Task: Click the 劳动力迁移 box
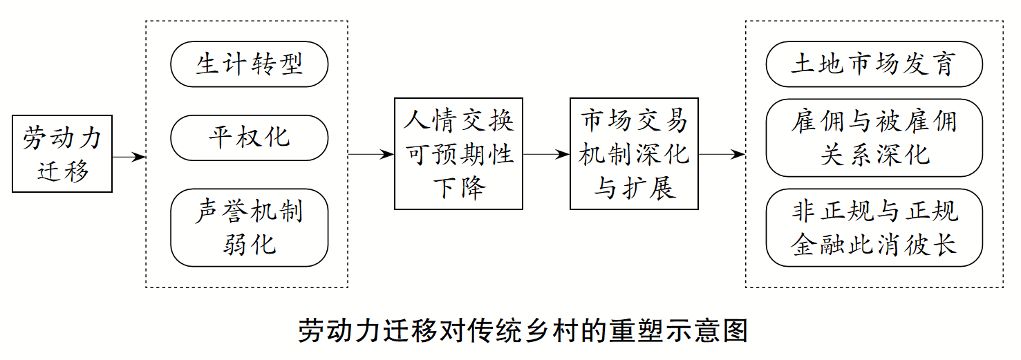[x=62, y=154]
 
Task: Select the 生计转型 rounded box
[x=249, y=64]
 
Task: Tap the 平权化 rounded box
[x=249, y=138]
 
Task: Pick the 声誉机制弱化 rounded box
[x=249, y=227]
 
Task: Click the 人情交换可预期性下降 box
[x=458, y=154]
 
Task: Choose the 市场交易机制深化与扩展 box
[x=634, y=154]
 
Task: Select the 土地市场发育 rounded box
[x=874, y=64]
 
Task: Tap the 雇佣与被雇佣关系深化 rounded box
[x=874, y=138]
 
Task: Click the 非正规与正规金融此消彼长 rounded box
[x=874, y=227]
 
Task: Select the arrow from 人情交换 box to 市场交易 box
[x=546, y=155]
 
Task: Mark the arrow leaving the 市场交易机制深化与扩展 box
[x=722, y=155]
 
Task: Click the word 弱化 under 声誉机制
[x=249, y=244]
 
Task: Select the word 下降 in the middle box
[x=458, y=188]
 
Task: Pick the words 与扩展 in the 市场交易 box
[x=634, y=188]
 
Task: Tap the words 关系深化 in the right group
[x=874, y=155]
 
